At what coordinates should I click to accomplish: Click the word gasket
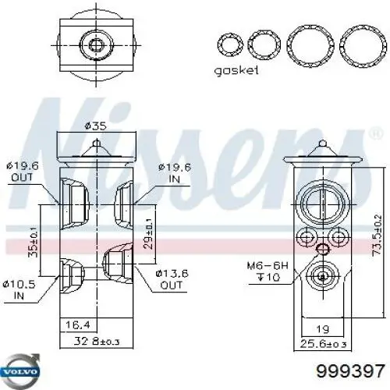[x=236, y=70]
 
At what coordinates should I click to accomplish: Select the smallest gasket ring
[x=218, y=44]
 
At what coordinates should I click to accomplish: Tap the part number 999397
[x=350, y=370]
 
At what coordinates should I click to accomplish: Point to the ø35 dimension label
[x=96, y=126]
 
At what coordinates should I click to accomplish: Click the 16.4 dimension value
[x=78, y=324]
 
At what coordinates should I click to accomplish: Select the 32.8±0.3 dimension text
[x=97, y=341]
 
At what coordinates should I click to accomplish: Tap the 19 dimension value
[x=322, y=329]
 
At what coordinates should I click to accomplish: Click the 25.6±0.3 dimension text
[x=323, y=344]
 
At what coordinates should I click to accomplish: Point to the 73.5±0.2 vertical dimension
[x=377, y=235]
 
